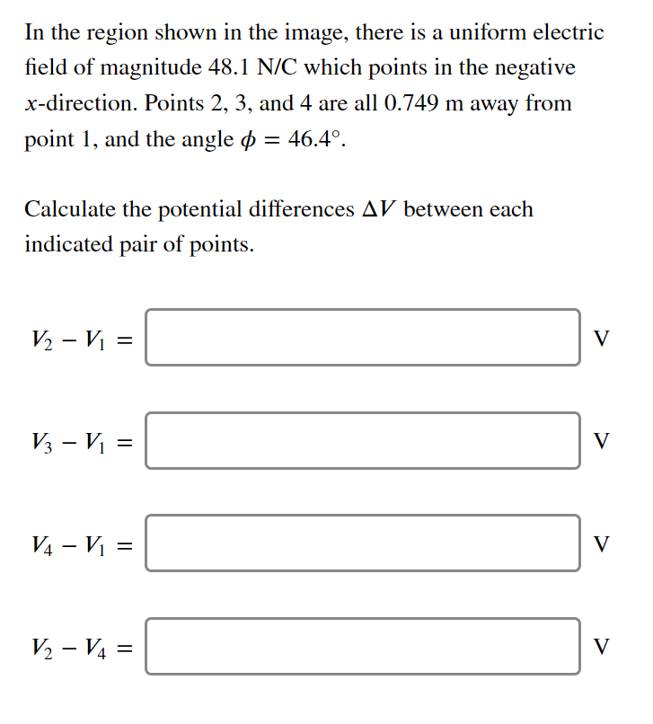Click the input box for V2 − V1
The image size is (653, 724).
click(363, 338)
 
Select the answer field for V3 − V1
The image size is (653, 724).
click(363, 440)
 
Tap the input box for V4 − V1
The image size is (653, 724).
click(363, 543)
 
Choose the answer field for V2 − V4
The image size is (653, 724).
click(363, 645)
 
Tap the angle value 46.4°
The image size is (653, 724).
click(316, 140)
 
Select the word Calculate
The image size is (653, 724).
click(69, 209)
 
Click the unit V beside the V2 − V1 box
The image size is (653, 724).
click(603, 339)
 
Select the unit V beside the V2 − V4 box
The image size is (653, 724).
click(603, 646)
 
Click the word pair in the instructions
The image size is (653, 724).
click(139, 245)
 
